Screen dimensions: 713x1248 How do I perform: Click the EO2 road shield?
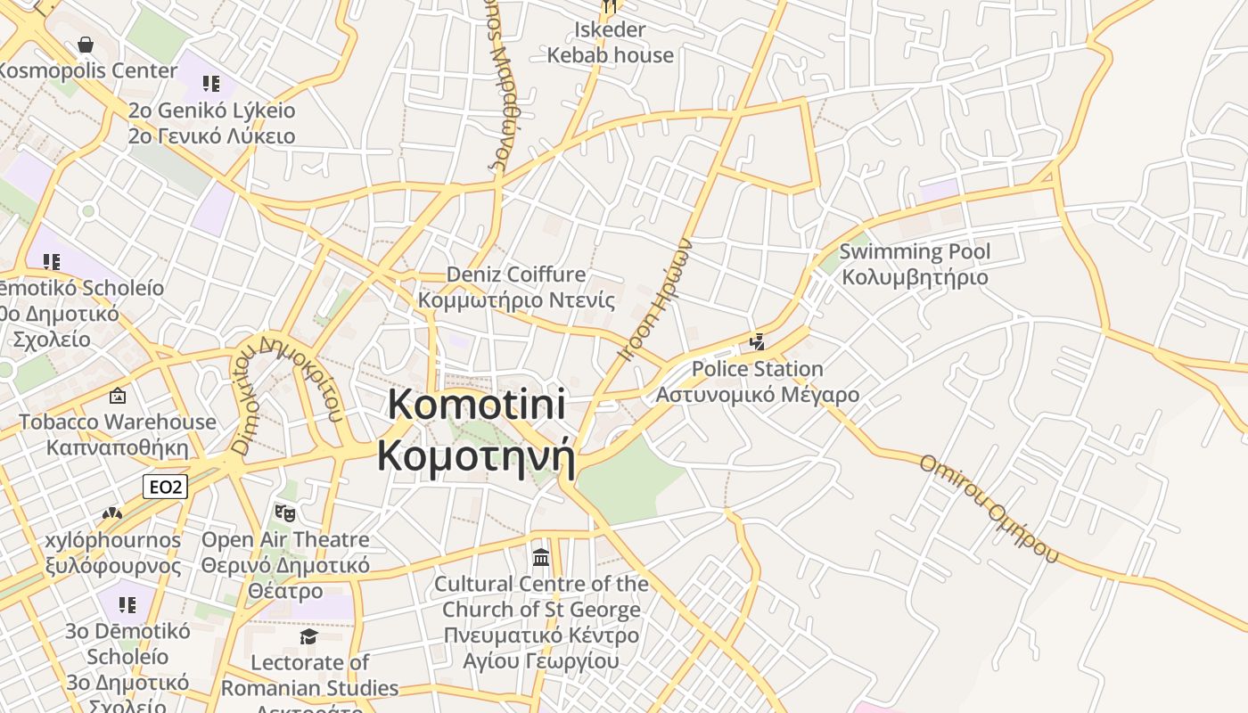[165, 487]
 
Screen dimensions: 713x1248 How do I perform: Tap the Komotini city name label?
[476, 430]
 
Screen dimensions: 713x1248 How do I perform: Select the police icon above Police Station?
[758, 341]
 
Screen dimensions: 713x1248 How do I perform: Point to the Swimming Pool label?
[915, 264]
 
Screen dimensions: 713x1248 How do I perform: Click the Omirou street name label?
[989, 508]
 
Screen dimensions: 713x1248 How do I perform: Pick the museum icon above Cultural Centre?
[540, 558]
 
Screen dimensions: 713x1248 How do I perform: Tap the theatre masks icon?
[285, 512]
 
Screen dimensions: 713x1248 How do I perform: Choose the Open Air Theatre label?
[285, 565]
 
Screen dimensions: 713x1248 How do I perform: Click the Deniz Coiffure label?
[516, 286]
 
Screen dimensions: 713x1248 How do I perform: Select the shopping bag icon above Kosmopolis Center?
[86, 45]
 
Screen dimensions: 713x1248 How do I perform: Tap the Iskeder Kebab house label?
[610, 42]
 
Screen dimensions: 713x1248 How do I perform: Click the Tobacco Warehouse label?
[118, 434]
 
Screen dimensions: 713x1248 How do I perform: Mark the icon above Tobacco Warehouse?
[118, 397]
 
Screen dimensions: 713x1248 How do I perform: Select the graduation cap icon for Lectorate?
[308, 636]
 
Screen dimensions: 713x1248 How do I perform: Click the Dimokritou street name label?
[285, 392]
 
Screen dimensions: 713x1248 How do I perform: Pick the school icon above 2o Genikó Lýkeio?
[210, 85]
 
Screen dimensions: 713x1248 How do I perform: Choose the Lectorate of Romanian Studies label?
[309, 676]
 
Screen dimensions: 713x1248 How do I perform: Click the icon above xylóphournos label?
[111, 514]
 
